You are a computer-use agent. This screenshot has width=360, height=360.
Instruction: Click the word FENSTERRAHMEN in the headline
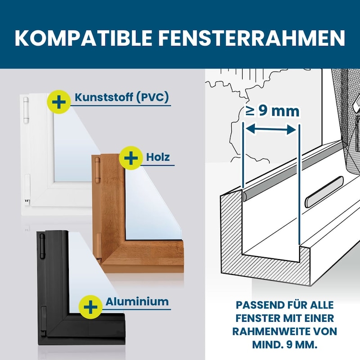[252, 38]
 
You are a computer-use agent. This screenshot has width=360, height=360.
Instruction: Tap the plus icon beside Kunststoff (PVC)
[59, 102]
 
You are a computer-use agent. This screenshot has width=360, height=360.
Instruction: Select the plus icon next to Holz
[131, 158]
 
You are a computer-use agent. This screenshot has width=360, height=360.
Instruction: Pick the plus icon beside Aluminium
[90, 307]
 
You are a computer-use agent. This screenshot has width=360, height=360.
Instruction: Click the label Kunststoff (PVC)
[121, 97]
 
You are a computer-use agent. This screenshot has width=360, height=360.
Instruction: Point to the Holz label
[158, 157]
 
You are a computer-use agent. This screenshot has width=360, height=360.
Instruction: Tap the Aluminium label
[137, 301]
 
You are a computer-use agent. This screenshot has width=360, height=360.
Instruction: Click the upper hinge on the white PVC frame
[26, 110]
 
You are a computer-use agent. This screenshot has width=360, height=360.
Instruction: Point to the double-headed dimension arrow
[271, 130]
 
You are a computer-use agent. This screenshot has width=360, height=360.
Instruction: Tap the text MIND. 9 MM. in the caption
[285, 345]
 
